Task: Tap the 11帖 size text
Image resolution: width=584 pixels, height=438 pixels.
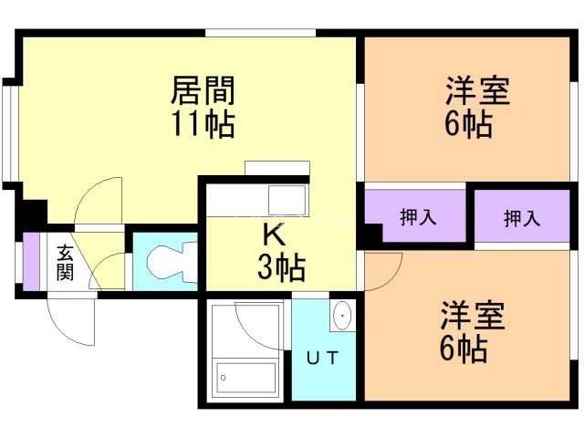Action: (203, 122)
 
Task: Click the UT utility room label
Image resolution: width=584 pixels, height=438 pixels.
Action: (324, 358)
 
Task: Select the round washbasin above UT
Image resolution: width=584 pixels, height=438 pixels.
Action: (342, 316)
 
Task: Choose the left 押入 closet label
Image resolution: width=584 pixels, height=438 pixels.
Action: (418, 217)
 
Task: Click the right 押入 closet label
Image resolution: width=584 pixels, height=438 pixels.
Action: (521, 219)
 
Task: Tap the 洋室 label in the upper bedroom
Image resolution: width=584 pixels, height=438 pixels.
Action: (477, 92)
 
